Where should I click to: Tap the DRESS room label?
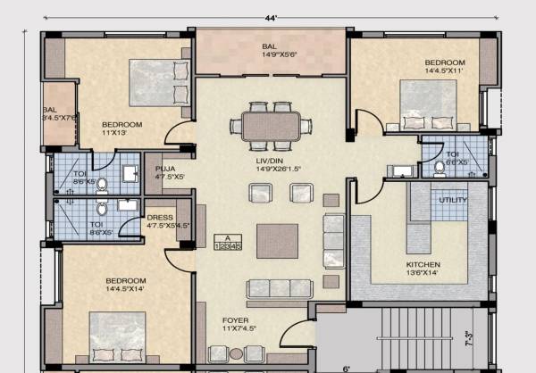160,221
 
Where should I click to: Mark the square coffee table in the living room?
277,240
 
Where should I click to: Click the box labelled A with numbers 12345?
229,242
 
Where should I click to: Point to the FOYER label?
235,324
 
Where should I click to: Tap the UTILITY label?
453,200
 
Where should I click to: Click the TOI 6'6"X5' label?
457,158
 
